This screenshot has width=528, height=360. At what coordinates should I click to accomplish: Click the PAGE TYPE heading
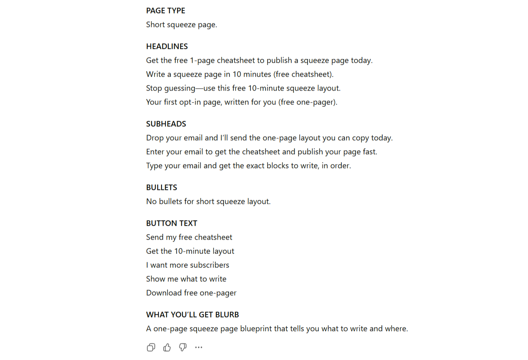pyautogui.click(x=166, y=11)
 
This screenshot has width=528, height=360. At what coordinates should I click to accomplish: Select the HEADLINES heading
pyautogui.click(x=167, y=46)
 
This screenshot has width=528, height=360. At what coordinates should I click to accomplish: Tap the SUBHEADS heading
pyautogui.click(x=166, y=124)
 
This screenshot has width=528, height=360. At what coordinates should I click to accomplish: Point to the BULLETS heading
pyautogui.click(x=162, y=188)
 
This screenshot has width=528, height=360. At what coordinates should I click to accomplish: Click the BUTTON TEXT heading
pyautogui.click(x=172, y=223)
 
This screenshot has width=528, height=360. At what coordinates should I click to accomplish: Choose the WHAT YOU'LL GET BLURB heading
pyautogui.click(x=193, y=315)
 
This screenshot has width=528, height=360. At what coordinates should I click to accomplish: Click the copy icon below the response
pyautogui.click(x=151, y=348)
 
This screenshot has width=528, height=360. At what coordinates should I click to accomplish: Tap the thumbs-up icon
pyautogui.click(x=167, y=348)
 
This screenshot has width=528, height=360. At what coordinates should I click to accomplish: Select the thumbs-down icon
pyautogui.click(x=183, y=348)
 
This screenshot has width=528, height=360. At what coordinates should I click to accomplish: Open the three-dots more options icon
pyautogui.click(x=198, y=348)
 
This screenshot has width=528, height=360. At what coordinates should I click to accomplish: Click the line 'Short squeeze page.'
pyautogui.click(x=181, y=25)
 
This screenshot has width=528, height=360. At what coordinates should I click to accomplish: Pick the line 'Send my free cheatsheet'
pyautogui.click(x=189, y=237)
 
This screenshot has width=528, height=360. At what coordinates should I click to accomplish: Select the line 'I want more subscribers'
pyautogui.click(x=187, y=265)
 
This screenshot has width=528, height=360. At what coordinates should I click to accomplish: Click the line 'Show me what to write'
pyautogui.click(x=186, y=279)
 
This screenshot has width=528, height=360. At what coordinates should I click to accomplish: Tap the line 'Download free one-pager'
pyautogui.click(x=191, y=293)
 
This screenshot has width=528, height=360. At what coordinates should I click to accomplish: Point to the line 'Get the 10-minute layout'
pyautogui.click(x=190, y=251)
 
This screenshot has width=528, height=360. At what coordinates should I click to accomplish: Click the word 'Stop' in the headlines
pyautogui.click(x=154, y=88)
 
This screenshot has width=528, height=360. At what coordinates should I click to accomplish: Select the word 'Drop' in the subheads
pyautogui.click(x=154, y=138)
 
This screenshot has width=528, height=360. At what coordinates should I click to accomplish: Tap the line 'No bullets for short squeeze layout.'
pyautogui.click(x=208, y=201)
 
